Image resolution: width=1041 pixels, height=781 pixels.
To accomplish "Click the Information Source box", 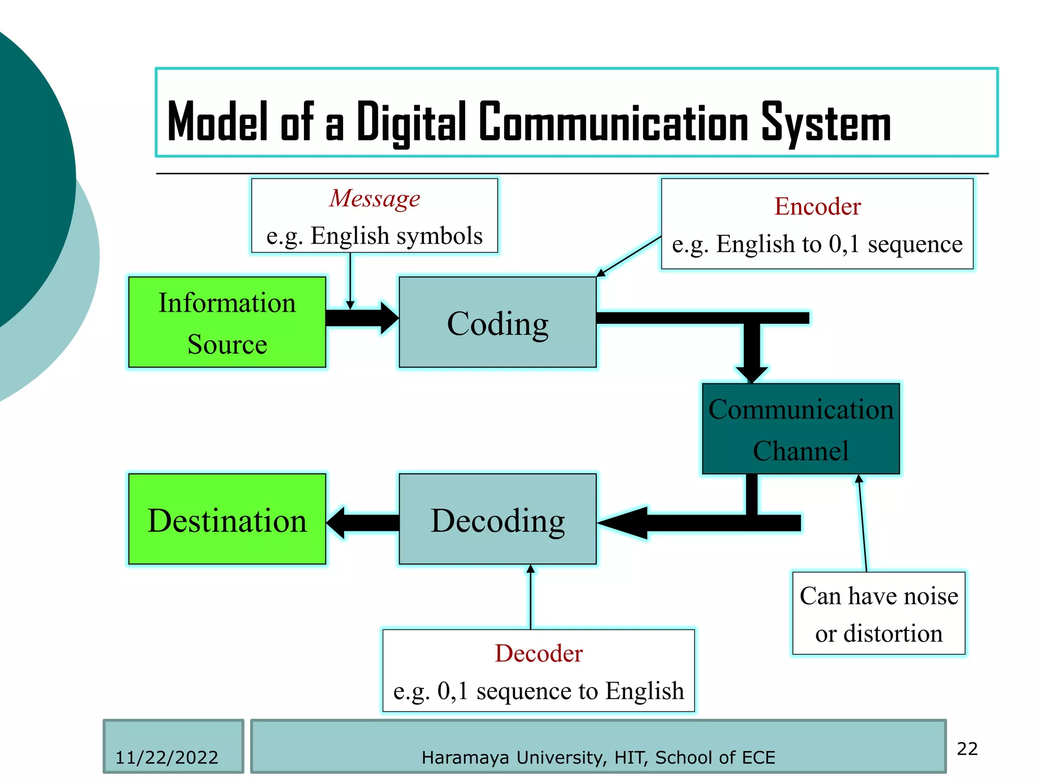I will point(227,322).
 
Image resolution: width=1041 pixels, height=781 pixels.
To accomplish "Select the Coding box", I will point(497,322).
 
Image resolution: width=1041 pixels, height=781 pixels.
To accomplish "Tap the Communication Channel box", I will point(801,429).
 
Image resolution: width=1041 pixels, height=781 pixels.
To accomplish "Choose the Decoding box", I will point(497,519).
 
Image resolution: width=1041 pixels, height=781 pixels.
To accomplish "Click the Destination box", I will point(227,519).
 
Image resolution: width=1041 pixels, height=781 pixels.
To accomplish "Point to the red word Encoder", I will point(817,206).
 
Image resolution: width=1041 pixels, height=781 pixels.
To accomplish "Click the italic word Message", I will point(375,198).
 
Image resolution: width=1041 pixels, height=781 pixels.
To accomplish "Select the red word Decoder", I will point(539,653).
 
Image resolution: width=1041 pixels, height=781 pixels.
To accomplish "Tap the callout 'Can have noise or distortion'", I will point(878,614).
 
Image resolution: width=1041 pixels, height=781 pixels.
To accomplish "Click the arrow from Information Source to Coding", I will point(362,318).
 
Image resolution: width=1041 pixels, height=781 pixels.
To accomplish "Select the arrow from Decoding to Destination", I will point(362,523).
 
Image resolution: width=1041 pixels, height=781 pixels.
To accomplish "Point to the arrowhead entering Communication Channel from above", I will point(752,373).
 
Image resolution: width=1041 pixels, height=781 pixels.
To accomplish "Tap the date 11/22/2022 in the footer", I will point(167,758).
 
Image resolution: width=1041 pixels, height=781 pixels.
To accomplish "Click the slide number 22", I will point(967,749).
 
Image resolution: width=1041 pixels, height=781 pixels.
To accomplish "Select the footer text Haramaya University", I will point(514,758).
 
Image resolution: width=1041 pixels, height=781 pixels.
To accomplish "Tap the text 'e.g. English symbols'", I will point(375,236).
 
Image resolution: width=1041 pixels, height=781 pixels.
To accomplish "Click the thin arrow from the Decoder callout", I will point(531,597).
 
